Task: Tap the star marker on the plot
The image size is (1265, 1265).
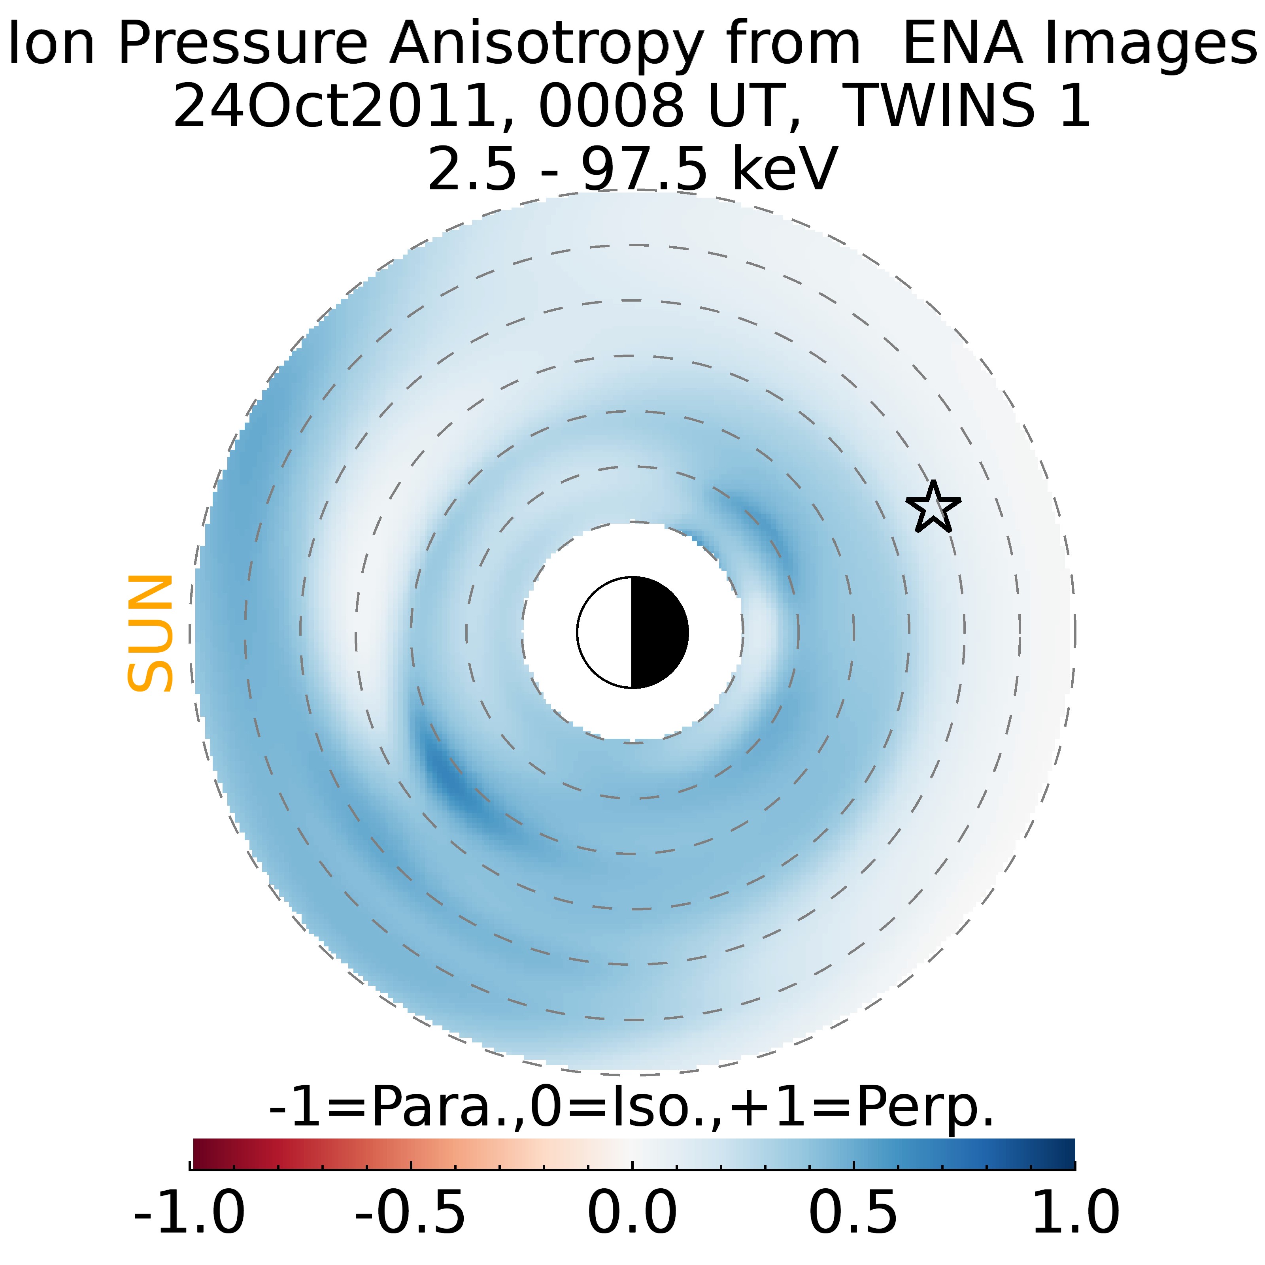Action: (933, 508)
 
